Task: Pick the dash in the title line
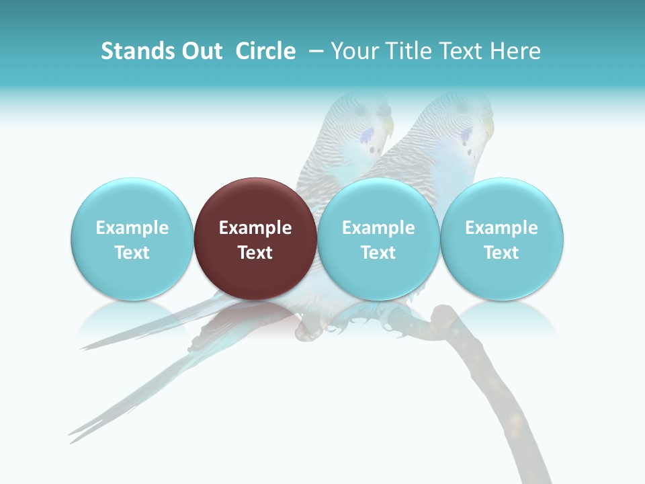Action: click(x=315, y=51)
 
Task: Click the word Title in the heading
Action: click(x=411, y=51)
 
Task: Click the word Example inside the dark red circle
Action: click(x=255, y=228)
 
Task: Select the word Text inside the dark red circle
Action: click(x=255, y=253)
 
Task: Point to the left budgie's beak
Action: click(x=388, y=127)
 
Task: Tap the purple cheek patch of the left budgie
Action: click(x=367, y=136)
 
